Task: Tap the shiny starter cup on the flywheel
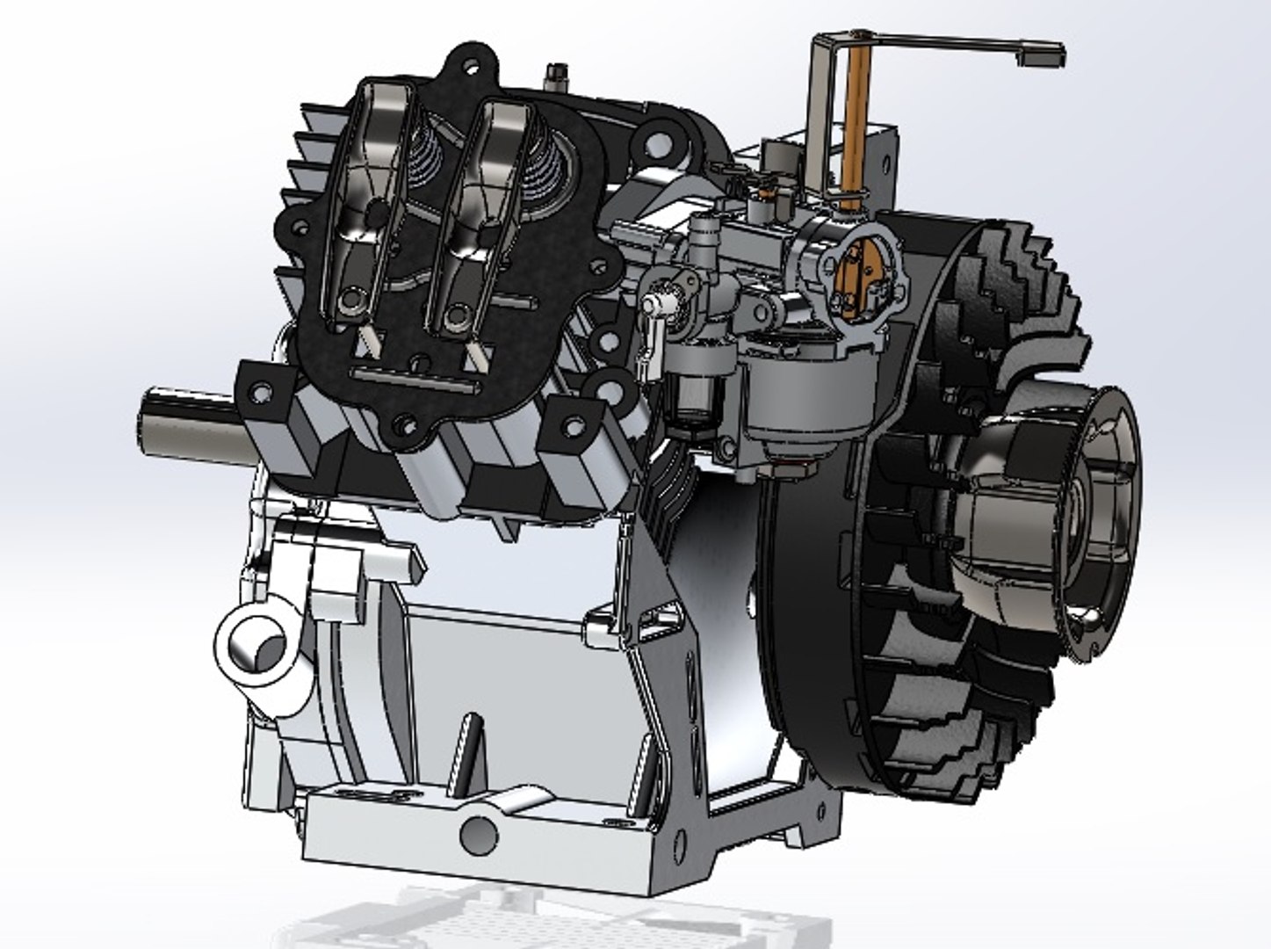tap(1054, 518)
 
